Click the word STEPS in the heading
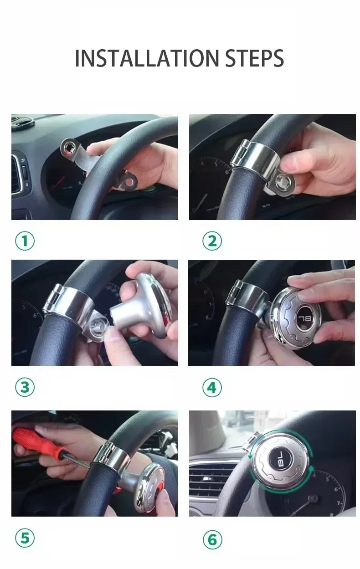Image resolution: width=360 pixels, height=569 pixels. [x=255, y=58]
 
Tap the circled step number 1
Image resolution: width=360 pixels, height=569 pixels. [x=25, y=241]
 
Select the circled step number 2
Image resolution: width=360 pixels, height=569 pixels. [x=212, y=241]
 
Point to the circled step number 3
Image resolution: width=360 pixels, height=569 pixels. [x=25, y=387]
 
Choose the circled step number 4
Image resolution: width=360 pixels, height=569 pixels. [x=212, y=388]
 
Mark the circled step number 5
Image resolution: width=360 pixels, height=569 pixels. [x=25, y=538]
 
